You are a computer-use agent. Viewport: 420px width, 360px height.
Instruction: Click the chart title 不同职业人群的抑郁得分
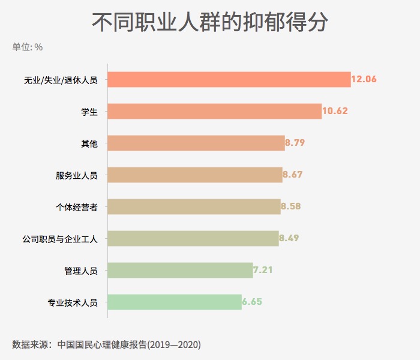point(210,23)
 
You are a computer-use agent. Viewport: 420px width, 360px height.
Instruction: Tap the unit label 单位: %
point(28,47)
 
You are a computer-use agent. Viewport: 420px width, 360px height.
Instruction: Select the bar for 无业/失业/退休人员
point(229,80)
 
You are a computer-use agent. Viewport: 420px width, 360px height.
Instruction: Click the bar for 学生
point(214,111)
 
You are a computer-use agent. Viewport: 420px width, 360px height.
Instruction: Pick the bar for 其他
point(196,143)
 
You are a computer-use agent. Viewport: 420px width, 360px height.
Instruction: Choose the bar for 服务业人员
point(194,175)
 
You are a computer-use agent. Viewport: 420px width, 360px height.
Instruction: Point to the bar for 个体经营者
point(194,206)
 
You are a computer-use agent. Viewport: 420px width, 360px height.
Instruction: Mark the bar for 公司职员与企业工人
point(193,238)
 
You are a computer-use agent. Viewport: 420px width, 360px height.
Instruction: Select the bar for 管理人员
point(180,270)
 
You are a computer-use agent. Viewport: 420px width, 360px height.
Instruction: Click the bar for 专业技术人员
point(174,302)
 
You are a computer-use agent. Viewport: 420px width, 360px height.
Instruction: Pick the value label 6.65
point(252,302)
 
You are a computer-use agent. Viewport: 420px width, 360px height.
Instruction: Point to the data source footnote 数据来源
point(106,344)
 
